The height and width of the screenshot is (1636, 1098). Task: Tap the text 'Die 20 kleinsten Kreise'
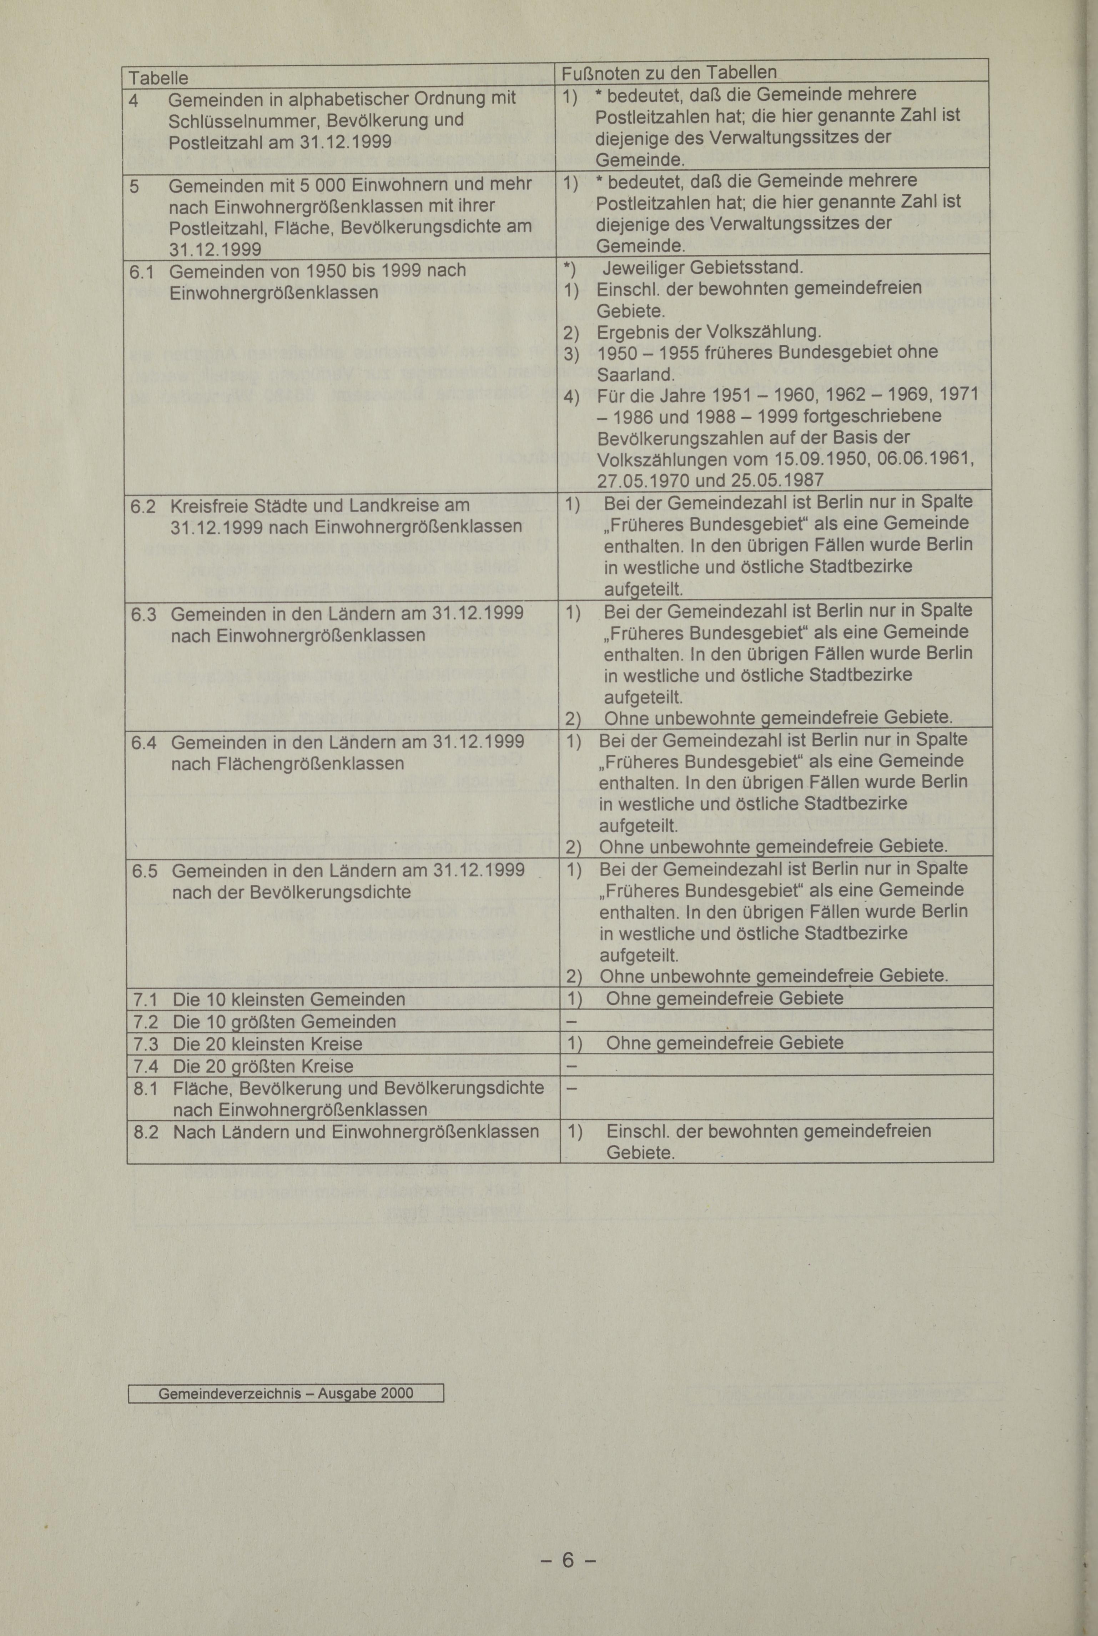pyautogui.click(x=267, y=1044)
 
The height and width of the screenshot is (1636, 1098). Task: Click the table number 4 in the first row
pyautogui.click(x=133, y=100)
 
